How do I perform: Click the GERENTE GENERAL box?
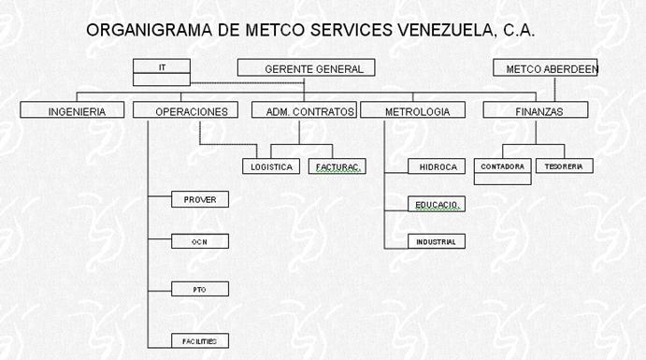[x=306, y=67]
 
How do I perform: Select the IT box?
[x=162, y=72]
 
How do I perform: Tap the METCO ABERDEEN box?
[x=545, y=67]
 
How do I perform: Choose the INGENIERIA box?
[x=72, y=110]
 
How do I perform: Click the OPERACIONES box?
[x=185, y=110]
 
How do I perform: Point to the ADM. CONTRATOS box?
[x=304, y=110]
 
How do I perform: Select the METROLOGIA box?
[x=413, y=110]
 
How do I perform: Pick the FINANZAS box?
[x=536, y=110]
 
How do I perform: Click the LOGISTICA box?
[x=271, y=166]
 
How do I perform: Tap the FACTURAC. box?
[x=337, y=166]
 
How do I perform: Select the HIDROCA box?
[x=437, y=166]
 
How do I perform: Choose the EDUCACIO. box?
[x=437, y=204]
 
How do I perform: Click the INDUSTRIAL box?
[x=437, y=241]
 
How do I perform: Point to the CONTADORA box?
[x=503, y=171]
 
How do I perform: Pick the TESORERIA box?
[x=565, y=166]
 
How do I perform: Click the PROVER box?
[x=200, y=199]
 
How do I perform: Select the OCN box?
[x=200, y=241]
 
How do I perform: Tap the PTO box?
[x=200, y=289]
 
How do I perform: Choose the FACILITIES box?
[x=200, y=341]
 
